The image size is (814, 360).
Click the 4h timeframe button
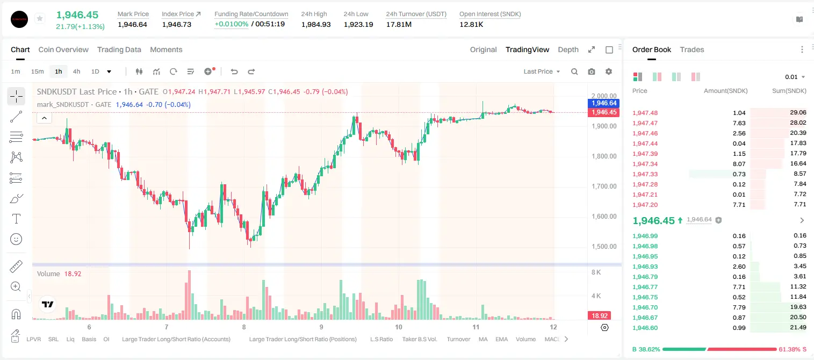pyautogui.click(x=76, y=71)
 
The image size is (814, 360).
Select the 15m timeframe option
pyautogui.click(x=38, y=71)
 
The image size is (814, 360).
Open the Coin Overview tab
pyautogui.click(x=63, y=49)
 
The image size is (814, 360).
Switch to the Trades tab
pyautogui.click(x=692, y=49)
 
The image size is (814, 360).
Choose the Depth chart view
pyautogui.click(x=568, y=49)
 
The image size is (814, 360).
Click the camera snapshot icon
pyautogui.click(x=592, y=71)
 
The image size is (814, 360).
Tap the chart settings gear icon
pyautogui.click(x=609, y=71)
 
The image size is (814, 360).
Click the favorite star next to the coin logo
pyautogui.click(x=40, y=18)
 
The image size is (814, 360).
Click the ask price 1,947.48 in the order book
pyautogui.click(x=645, y=113)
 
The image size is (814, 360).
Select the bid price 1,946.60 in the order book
pyautogui.click(x=645, y=328)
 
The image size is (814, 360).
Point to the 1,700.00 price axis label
pyautogui.click(x=604, y=186)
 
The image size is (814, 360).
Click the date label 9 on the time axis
pyautogui.click(x=321, y=327)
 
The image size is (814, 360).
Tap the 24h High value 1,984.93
pyautogui.click(x=316, y=24)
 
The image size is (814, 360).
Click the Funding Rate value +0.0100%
pyautogui.click(x=232, y=24)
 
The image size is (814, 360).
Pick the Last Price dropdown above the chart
pyautogui.click(x=542, y=71)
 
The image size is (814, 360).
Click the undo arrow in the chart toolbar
pyautogui.click(x=234, y=71)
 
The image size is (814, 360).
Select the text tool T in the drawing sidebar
pyautogui.click(x=16, y=219)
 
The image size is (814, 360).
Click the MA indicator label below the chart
pyautogui.click(x=483, y=339)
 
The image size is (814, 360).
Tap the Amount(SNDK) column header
pyautogui.click(x=725, y=91)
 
